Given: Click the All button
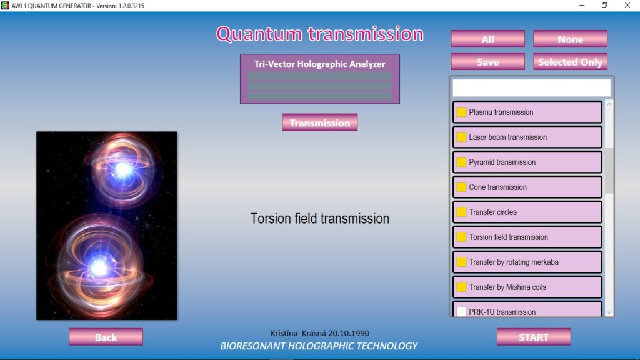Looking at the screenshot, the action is pyautogui.click(x=487, y=39).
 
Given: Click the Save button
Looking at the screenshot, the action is pyautogui.click(x=487, y=62).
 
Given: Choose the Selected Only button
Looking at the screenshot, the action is pyautogui.click(x=570, y=62).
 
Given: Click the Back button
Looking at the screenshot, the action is pyautogui.click(x=106, y=337).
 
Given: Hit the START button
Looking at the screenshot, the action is pyautogui.click(x=534, y=337).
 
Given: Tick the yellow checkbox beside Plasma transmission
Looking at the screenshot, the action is pyautogui.click(x=461, y=112).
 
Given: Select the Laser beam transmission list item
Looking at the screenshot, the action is pyautogui.click(x=527, y=137).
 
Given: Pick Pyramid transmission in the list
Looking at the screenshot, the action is pyautogui.click(x=527, y=162).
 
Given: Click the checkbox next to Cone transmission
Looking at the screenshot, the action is pyautogui.click(x=461, y=187).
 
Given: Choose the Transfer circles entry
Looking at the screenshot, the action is pyautogui.click(x=527, y=212).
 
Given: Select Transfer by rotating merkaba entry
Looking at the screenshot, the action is pyautogui.click(x=527, y=262).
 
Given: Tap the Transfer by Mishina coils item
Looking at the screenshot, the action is pyautogui.click(x=527, y=287).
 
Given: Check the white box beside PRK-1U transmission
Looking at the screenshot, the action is pyautogui.click(x=461, y=312).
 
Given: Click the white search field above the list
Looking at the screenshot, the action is pyautogui.click(x=531, y=87).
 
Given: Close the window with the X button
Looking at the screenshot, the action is pyautogui.click(x=627, y=5).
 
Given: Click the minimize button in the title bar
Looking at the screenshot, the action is pyautogui.click(x=582, y=5).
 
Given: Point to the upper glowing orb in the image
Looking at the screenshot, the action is pyautogui.click(x=122, y=169).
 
